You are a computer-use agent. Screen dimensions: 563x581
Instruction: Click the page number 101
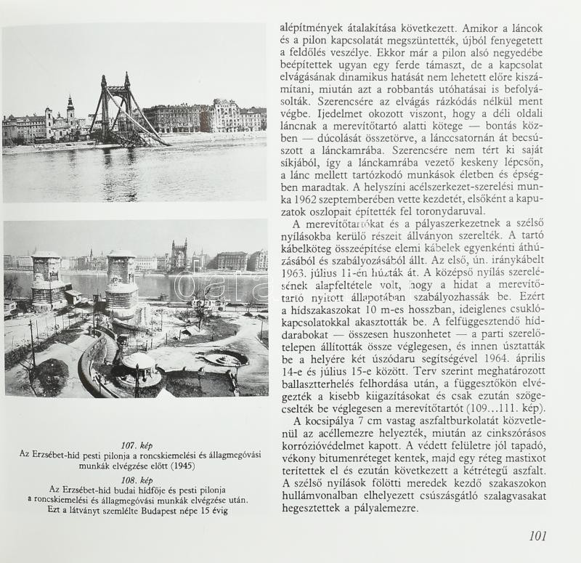[537, 536]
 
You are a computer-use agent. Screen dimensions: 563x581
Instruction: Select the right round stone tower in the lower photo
[121, 284]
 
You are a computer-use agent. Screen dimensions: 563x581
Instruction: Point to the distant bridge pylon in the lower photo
[179, 255]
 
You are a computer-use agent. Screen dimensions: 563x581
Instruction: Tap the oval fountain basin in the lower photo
[224, 357]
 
